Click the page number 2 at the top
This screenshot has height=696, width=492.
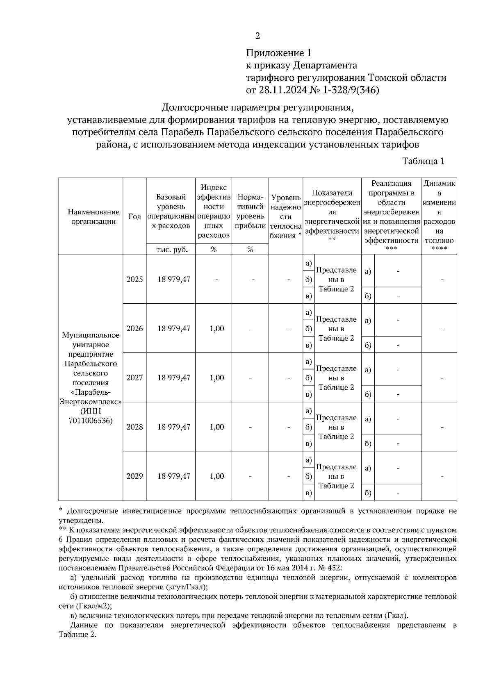tap(257, 36)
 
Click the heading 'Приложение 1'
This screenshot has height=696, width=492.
tap(279, 53)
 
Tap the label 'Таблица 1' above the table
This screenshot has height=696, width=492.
tap(423, 161)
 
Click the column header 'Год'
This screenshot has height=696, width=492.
tap(134, 216)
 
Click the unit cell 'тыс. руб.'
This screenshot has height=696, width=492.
tap(172, 249)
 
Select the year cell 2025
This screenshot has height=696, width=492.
tap(134, 279)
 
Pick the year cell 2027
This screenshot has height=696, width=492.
tap(134, 378)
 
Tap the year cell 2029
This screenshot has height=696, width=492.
tap(134, 476)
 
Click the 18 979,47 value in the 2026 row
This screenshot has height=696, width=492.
tap(174, 328)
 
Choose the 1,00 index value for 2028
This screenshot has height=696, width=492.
tap(216, 427)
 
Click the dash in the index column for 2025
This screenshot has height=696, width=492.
tap(216, 280)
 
